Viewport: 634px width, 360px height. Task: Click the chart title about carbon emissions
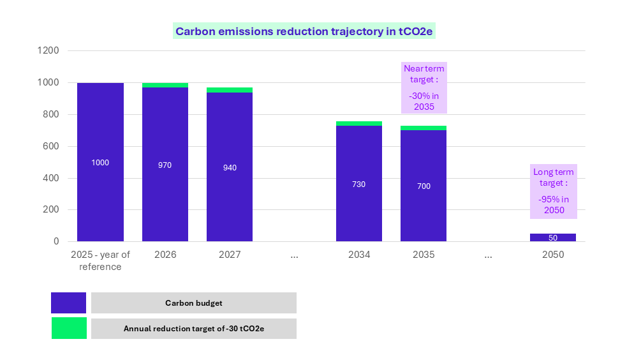click(x=304, y=31)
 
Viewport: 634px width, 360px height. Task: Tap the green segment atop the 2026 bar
click(x=165, y=85)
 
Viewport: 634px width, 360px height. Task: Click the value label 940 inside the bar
click(x=230, y=168)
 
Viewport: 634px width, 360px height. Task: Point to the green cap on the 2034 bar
click(x=359, y=123)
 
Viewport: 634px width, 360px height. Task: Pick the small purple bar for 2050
click(x=552, y=237)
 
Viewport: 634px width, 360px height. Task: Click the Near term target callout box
click(x=424, y=87)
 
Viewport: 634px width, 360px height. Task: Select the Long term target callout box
click(x=553, y=191)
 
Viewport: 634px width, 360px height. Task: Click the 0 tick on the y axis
click(x=56, y=241)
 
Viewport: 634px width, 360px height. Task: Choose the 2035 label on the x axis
click(x=424, y=255)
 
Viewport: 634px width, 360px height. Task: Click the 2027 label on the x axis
click(x=230, y=255)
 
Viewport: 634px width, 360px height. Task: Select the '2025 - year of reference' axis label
click(x=100, y=260)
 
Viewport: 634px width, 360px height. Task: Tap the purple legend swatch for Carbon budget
click(x=68, y=303)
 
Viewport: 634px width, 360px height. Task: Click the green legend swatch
click(x=68, y=328)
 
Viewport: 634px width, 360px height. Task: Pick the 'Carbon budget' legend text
click(x=194, y=303)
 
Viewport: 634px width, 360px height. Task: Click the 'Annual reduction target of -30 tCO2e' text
click(x=194, y=329)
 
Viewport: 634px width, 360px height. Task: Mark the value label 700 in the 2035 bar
click(x=424, y=186)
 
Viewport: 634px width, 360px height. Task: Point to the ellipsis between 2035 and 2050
click(x=488, y=255)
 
